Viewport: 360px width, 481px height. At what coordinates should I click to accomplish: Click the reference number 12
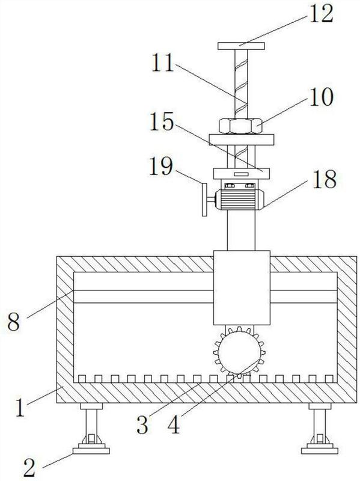(321, 13)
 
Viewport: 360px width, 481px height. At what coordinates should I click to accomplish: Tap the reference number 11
(163, 63)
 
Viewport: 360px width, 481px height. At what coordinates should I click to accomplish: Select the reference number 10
(321, 97)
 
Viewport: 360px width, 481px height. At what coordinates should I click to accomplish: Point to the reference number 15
(162, 121)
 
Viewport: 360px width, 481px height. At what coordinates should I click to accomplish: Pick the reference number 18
(325, 179)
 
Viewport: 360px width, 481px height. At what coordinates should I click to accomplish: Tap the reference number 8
(14, 322)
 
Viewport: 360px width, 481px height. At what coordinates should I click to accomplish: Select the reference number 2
(29, 468)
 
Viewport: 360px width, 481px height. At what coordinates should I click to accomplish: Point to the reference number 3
(142, 425)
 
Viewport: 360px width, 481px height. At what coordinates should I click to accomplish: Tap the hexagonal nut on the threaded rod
(240, 126)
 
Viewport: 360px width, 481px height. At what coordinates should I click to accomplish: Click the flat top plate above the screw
(242, 46)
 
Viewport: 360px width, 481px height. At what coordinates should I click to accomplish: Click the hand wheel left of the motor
(204, 200)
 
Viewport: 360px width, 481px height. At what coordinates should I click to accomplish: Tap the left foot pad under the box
(91, 450)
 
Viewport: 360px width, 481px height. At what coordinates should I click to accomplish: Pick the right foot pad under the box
(320, 450)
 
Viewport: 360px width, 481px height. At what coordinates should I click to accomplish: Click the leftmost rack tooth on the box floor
(82, 379)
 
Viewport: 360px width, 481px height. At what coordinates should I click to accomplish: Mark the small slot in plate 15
(241, 174)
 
